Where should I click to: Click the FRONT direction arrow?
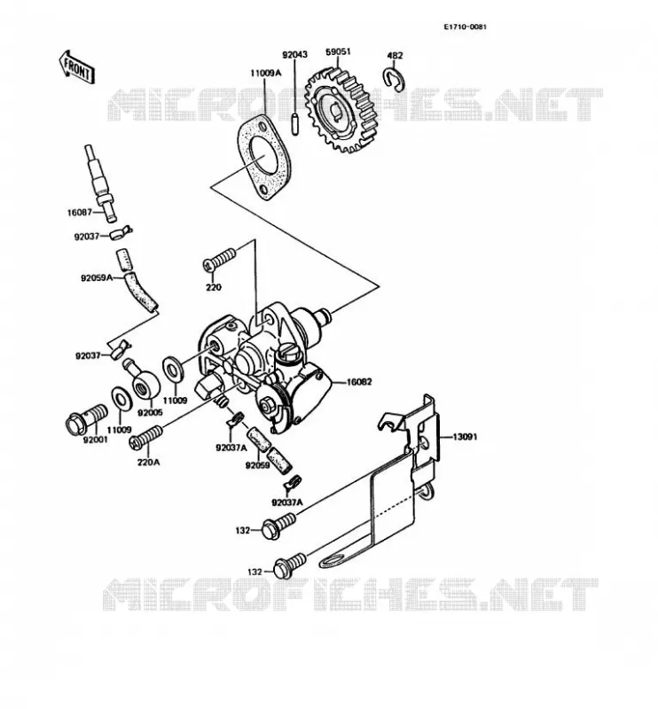click(x=76, y=67)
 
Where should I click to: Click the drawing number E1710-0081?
click(x=465, y=27)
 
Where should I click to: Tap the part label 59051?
click(x=338, y=52)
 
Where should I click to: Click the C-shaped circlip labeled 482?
click(x=394, y=79)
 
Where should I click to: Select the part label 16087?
click(x=80, y=212)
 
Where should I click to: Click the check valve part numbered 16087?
click(x=100, y=183)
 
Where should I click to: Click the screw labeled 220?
click(x=219, y=260)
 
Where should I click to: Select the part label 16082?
click(x=359, y=382)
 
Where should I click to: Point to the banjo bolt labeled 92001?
click(x=86, y=419)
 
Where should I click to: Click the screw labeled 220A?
click(x=145, y=437)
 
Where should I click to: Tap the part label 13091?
click(x=465, y=437)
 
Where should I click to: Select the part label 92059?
click(x=258, y=464)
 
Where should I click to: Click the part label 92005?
click(x=150, y=413)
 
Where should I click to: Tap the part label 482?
click(x=396, y=56)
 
